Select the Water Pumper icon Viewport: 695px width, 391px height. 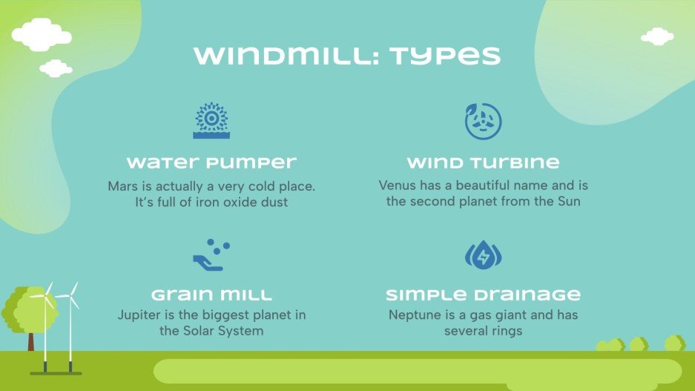(x=211, y=121)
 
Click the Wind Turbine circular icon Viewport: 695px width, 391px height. (x=483, y=121)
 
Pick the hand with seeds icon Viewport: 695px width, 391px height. (x=211, y=255)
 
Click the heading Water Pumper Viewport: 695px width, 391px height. (x=211, y=162)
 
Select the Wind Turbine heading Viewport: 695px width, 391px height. (x=483, y=162)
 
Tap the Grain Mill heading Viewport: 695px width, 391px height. (x=211, y=295)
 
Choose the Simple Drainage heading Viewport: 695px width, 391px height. (x=483, y=295)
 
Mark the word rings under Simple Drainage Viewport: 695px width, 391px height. (x=504, y=331)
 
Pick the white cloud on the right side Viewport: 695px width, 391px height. (x=657, y=36)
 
